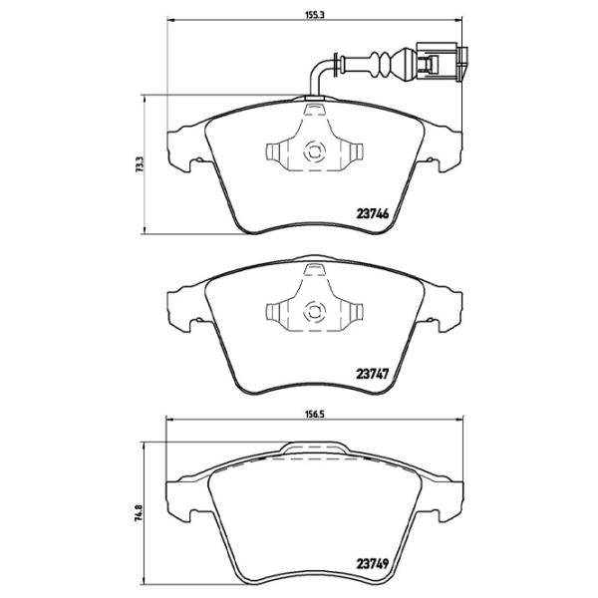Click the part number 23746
pyautogui.click(x=372, y=211)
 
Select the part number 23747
pyautogui.click(x=372, y=376)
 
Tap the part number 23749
pyautogui.click(x=372, y=561)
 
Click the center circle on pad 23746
pyautogui.click(x=312, y=152)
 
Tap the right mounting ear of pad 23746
pyautogui.click(x=445, y=149)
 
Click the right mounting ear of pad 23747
pyautogui.click(x=445, y=309)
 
